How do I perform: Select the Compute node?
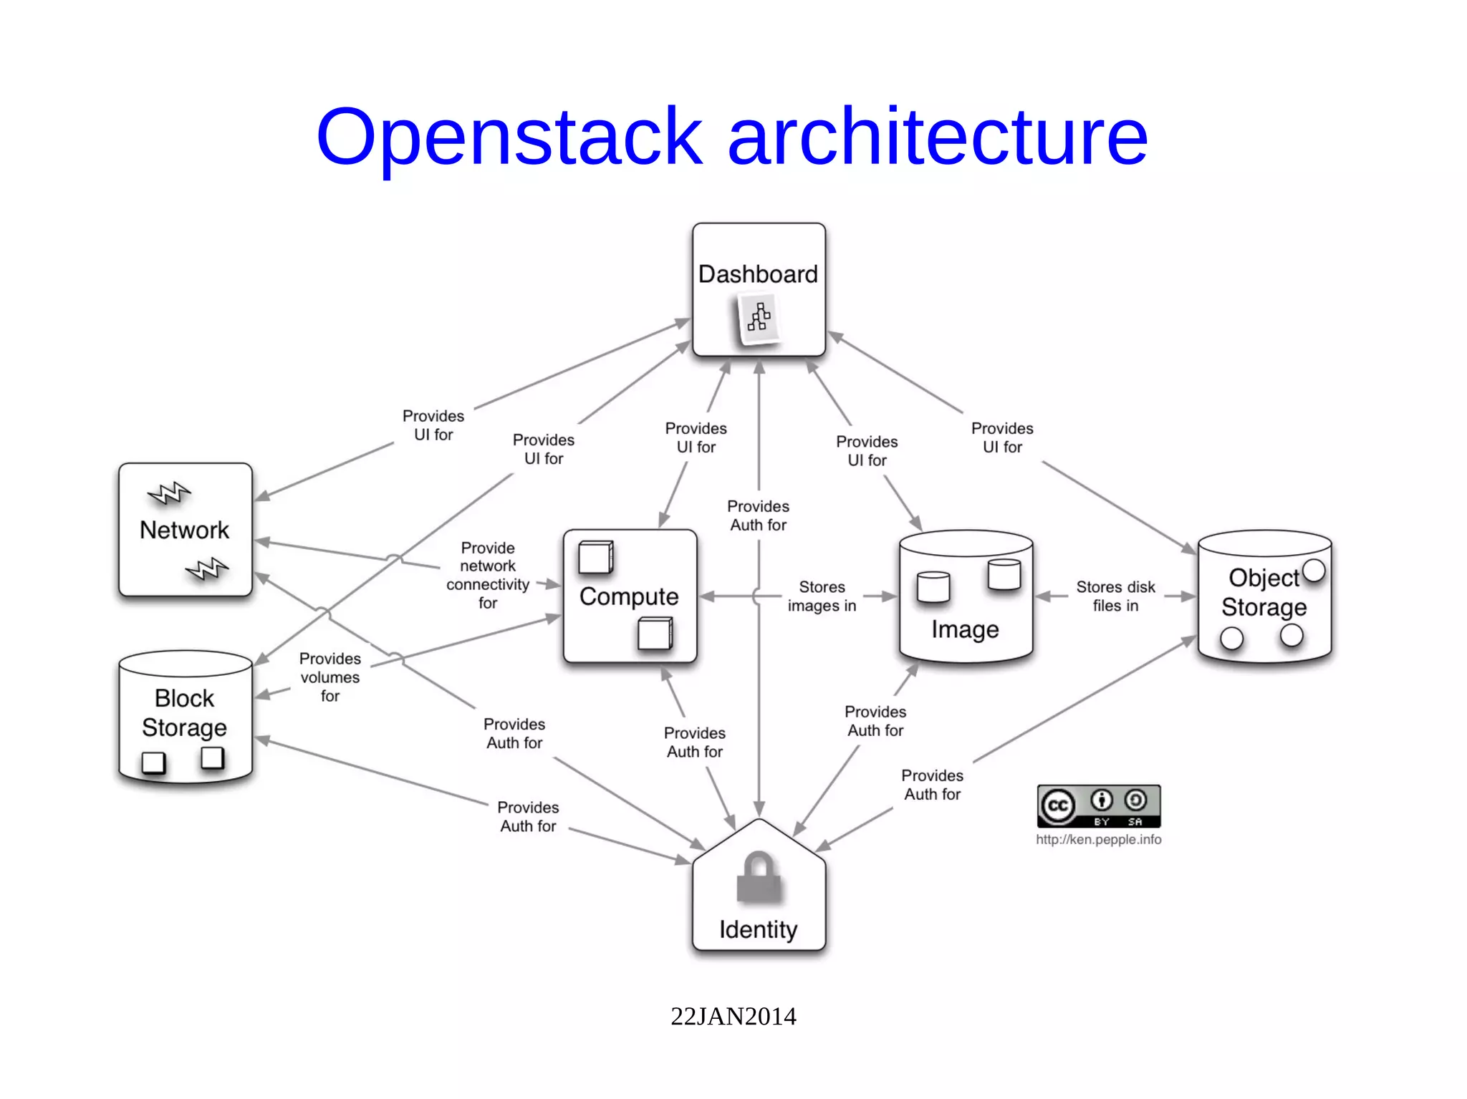pos(629,596)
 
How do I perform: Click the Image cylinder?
pos(965,598)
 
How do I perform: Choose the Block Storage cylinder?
pos(185,716)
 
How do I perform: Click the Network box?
pos(185,530)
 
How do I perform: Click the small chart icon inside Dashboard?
pos(759,319)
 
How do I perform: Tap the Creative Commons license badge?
pos(1098,806)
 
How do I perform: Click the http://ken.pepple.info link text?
pos(1098,839)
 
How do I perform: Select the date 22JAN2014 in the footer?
pos(733,1016)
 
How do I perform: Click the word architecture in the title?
pos(937,136)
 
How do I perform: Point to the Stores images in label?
pos(822,596)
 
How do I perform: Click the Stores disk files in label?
pos(1115,596)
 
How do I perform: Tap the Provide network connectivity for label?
pos(488,575)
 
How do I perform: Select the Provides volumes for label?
pos(330,677)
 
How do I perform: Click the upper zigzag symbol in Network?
pos(169,493)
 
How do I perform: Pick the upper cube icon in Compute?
pos(595,558)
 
